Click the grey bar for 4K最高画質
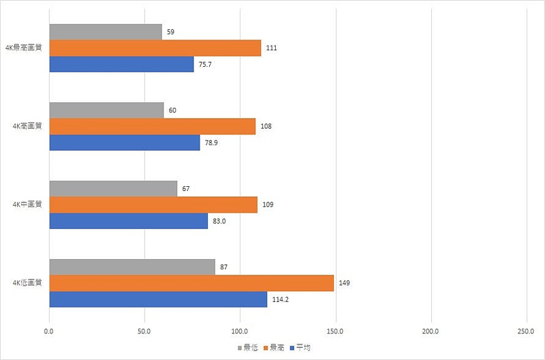coord(106,32)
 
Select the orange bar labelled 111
coord(155,48)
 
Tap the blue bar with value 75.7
coord(121,64)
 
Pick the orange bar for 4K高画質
coord(152,126)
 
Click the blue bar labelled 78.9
coord(124,142)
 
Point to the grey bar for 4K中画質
coord(113,188)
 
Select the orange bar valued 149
coord(191,283)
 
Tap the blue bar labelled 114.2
coord(158,299)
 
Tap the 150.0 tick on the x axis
coord(335,331)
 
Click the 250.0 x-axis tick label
coord(526,331)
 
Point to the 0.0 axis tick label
coord(49,331)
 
